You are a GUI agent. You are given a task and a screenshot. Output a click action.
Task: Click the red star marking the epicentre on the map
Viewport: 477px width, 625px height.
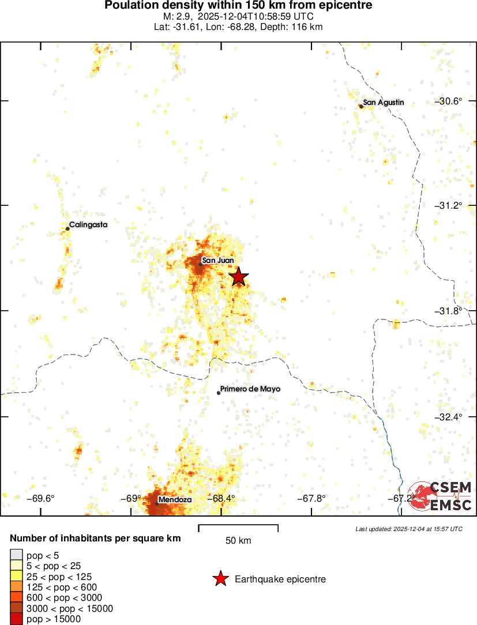tap(238, 277)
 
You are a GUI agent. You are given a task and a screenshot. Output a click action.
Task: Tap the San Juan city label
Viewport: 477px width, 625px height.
tap(218, 260)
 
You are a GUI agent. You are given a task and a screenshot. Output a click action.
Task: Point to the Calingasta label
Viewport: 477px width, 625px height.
tap(88, 225)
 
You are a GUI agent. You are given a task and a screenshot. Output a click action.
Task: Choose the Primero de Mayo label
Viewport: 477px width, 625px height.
tap(250, 389)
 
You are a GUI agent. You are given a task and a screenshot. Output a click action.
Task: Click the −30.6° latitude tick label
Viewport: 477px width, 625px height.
tap(448, 101)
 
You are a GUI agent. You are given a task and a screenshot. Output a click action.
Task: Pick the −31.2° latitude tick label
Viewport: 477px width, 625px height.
tap(448, 206)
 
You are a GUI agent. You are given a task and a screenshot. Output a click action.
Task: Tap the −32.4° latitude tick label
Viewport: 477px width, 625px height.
tap(448, 416)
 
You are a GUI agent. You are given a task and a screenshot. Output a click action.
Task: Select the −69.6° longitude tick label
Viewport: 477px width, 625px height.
tap(42, 499)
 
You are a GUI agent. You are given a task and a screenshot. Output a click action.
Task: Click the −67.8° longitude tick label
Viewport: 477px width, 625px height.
tap(311, 499)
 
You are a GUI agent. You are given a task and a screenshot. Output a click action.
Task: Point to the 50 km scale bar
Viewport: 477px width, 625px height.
tap(238, 528)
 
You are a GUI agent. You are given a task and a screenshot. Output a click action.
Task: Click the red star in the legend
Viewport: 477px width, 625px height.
tap(220, 579)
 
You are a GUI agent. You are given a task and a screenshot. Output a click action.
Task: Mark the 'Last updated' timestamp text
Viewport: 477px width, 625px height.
tap(408, 529)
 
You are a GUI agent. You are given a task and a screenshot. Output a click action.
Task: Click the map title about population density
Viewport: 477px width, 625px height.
tap(238, 6)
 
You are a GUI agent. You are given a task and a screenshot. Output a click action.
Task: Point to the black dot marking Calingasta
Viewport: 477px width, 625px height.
tap(67, 229)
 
